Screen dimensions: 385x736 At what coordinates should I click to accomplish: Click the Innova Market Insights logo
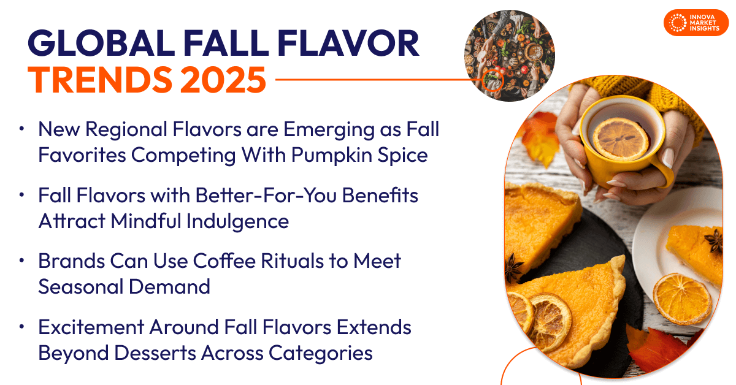pos(695,23)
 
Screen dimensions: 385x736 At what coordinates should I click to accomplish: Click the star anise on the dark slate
pos(514,268)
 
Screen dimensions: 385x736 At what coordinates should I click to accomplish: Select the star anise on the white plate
pos(713,240)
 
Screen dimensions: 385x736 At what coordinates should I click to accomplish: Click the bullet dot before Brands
pos(23,261)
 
